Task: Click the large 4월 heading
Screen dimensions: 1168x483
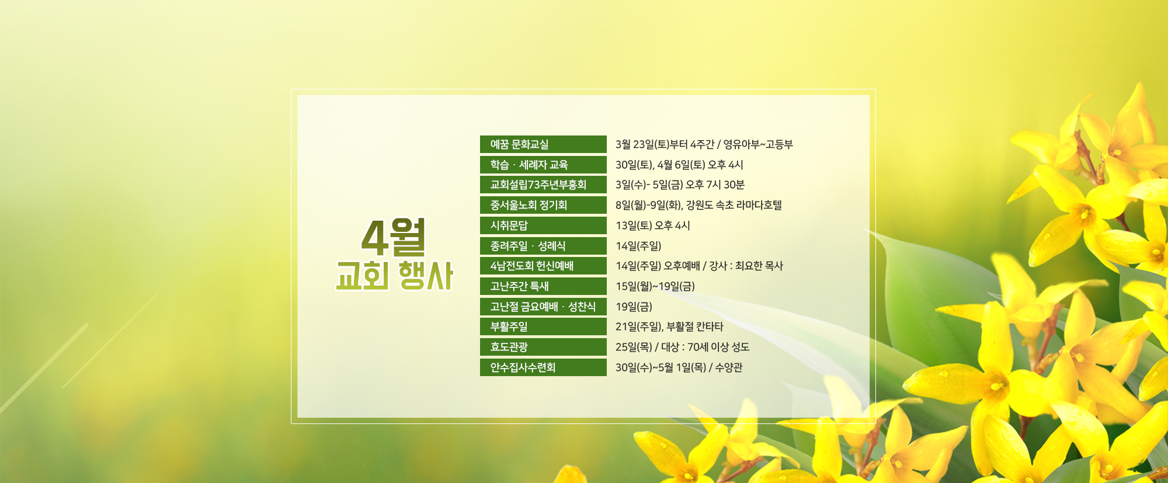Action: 393,237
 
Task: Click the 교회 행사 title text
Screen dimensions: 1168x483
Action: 394,276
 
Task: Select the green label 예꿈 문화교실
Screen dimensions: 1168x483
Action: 543,144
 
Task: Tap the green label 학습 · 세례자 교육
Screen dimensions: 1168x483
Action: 543,165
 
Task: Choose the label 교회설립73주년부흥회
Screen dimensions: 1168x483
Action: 543,185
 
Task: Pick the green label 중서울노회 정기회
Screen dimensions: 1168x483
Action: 543,205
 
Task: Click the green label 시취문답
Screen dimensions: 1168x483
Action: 543,225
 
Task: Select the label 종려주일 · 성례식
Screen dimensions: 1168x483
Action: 543,246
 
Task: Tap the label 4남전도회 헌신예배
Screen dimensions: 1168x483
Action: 543,266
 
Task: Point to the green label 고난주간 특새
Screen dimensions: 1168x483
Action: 543,286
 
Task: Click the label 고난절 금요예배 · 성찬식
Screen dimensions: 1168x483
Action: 543,307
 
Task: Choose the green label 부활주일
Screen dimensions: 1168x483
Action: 543,326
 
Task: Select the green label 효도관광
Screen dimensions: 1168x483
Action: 543,347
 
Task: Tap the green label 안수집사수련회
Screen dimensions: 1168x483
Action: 543,367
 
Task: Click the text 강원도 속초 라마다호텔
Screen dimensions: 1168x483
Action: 734,205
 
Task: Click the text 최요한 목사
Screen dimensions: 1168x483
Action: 759,266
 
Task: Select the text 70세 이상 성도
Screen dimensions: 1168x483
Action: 718,347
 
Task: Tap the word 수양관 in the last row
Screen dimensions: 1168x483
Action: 729,367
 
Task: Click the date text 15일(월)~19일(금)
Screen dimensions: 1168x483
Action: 655,286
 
